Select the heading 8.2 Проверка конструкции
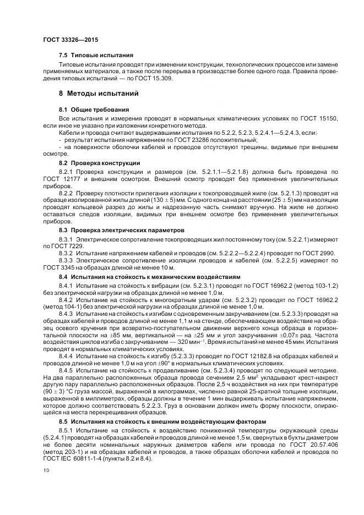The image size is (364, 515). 99,163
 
